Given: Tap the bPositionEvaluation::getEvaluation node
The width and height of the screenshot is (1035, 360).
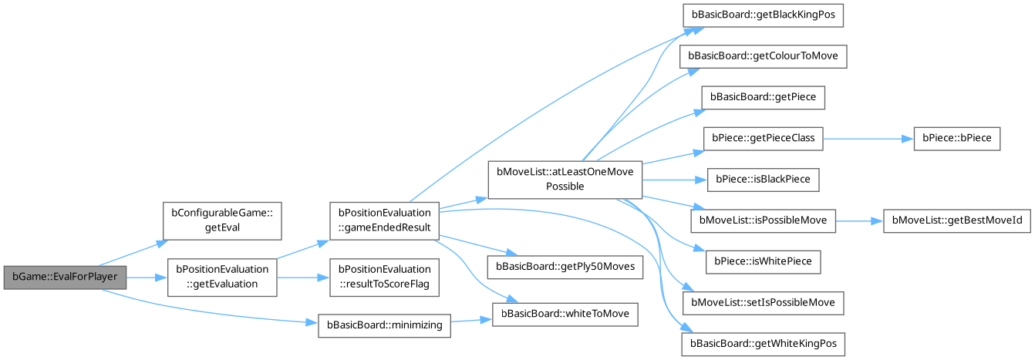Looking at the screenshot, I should point(223,277).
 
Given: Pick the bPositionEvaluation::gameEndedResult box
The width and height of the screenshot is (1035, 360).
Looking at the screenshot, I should point(383,220).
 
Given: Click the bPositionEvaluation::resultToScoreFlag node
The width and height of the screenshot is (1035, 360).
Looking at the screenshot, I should point(383,277).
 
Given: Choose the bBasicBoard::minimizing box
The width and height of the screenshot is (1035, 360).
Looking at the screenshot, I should point(383,325).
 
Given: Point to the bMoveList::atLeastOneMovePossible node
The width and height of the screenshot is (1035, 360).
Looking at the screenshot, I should point(565,180).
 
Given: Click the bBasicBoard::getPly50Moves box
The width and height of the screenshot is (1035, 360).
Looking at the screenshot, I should point(565,266).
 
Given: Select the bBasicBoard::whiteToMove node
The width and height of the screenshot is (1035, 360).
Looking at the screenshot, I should point(565,314).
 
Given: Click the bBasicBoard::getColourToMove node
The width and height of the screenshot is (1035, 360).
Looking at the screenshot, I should point(764,56).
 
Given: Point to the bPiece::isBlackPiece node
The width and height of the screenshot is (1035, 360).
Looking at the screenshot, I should point(764,180).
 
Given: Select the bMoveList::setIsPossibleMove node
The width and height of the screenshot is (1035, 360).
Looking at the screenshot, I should point(763,302).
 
